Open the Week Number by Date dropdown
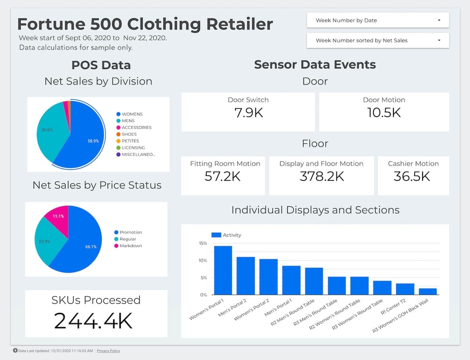tap(377, 20)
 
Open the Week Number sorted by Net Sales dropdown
tap(377, 40)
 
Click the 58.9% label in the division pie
tap(93, 141)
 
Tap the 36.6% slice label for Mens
tap(47, 130)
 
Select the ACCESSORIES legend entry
tap(136, 128)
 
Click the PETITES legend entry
tap(130, 141)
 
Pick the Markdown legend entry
tap(131, 246)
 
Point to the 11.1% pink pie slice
tap(58, 216)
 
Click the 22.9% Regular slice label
tap(44, 241)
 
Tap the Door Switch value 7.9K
tap(248, 113)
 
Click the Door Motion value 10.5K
tap(384, 113)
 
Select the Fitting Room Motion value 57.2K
tap(223, 176)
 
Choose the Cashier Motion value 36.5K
tap(412, 176)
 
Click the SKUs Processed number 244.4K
tap(93, 321)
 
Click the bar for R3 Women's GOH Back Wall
tap(428, 292)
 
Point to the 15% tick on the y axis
tap(203, 243)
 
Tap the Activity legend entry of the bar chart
tap(226, 235)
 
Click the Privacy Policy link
tap(108, 351)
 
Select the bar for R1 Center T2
tap(405, 289)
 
